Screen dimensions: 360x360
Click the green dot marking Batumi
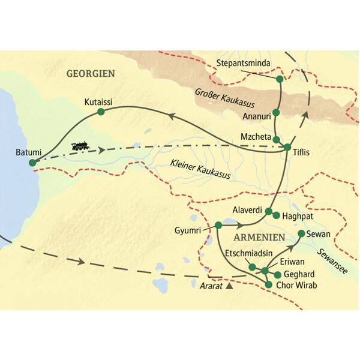(32, 162)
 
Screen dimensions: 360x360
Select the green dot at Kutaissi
(101, 112)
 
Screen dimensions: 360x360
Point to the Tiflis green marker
(287, 147)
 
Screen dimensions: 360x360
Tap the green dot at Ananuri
(276, 112)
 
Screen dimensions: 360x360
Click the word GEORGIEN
(90, 73)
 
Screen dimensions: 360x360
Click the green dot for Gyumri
(218, 226)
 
